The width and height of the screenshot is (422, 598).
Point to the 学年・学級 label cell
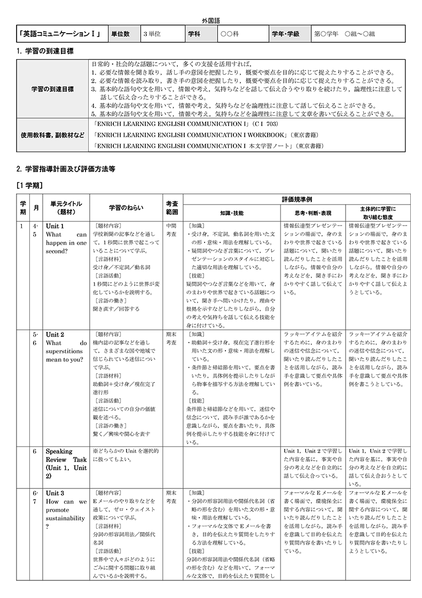pyautogui.click(x=285, y=34)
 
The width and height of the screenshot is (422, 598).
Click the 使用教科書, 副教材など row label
pyautogui.click(x=52, y=135)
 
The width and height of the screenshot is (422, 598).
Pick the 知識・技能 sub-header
pyautogui.click(x=231, y=213)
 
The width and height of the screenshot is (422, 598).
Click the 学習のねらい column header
pyautogui.click(x=126, y=208)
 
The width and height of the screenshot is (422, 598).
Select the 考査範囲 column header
pyautogui.click(x=172, y=208)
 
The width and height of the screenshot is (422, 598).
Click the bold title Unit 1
pyautogui.click(x=55, y=226)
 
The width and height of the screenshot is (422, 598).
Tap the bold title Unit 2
pyautogui.click(x=55, y=335)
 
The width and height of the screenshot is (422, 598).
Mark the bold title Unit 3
pyautogui.click(x=55, y=493)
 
